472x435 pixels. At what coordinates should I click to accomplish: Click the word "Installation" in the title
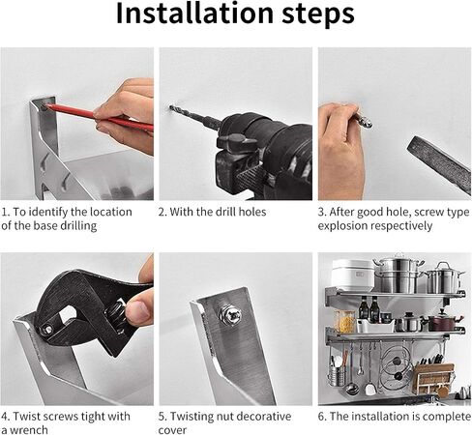(x=194, y=13)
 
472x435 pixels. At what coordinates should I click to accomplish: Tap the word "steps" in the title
(x=318, y=14)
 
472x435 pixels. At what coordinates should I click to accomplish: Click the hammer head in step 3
(x=439, y=164)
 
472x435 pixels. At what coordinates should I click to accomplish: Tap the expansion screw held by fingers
(x=364, y=119)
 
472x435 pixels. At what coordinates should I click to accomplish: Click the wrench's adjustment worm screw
(x=115, y=313)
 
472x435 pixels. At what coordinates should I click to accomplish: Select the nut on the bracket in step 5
(x=231, y=315)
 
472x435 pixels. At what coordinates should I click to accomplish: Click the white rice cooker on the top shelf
(x=353, y=275)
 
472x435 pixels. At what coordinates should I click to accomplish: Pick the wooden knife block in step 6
(x=433, y=378)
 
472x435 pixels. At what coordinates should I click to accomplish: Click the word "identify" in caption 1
(x=48, y=212)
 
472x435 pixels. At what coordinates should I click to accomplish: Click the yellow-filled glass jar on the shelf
(x=344, y=321)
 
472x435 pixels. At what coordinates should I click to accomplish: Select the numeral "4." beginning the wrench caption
(x=6, y=417)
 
